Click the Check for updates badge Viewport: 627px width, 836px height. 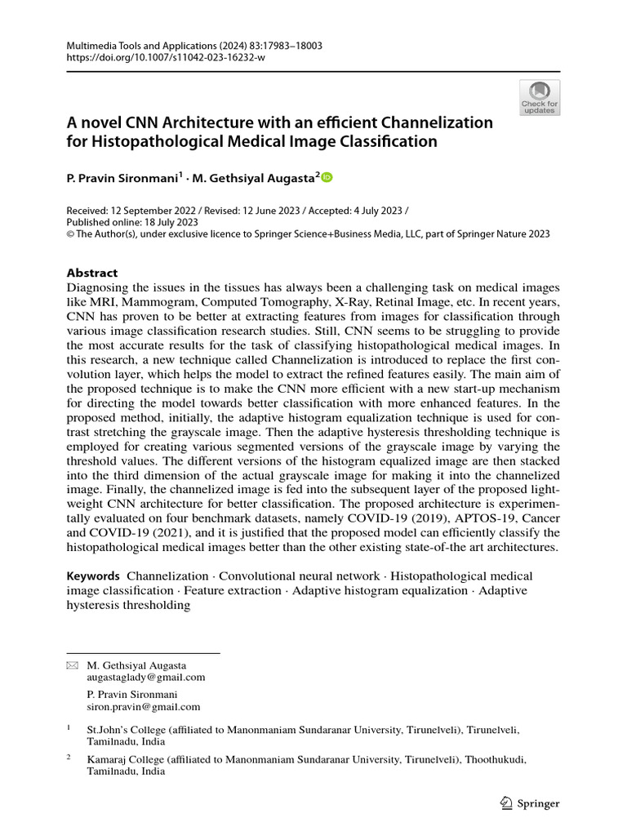coord(539,97)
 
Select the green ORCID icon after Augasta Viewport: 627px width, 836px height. coord(327,176)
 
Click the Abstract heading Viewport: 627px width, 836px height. coord(91,273)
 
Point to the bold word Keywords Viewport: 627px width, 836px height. coord(93,576)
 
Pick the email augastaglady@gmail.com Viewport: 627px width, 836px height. coord(146,677)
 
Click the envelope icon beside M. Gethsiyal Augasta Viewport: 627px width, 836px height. coord(72,666)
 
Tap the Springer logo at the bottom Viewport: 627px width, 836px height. coord(528,803)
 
